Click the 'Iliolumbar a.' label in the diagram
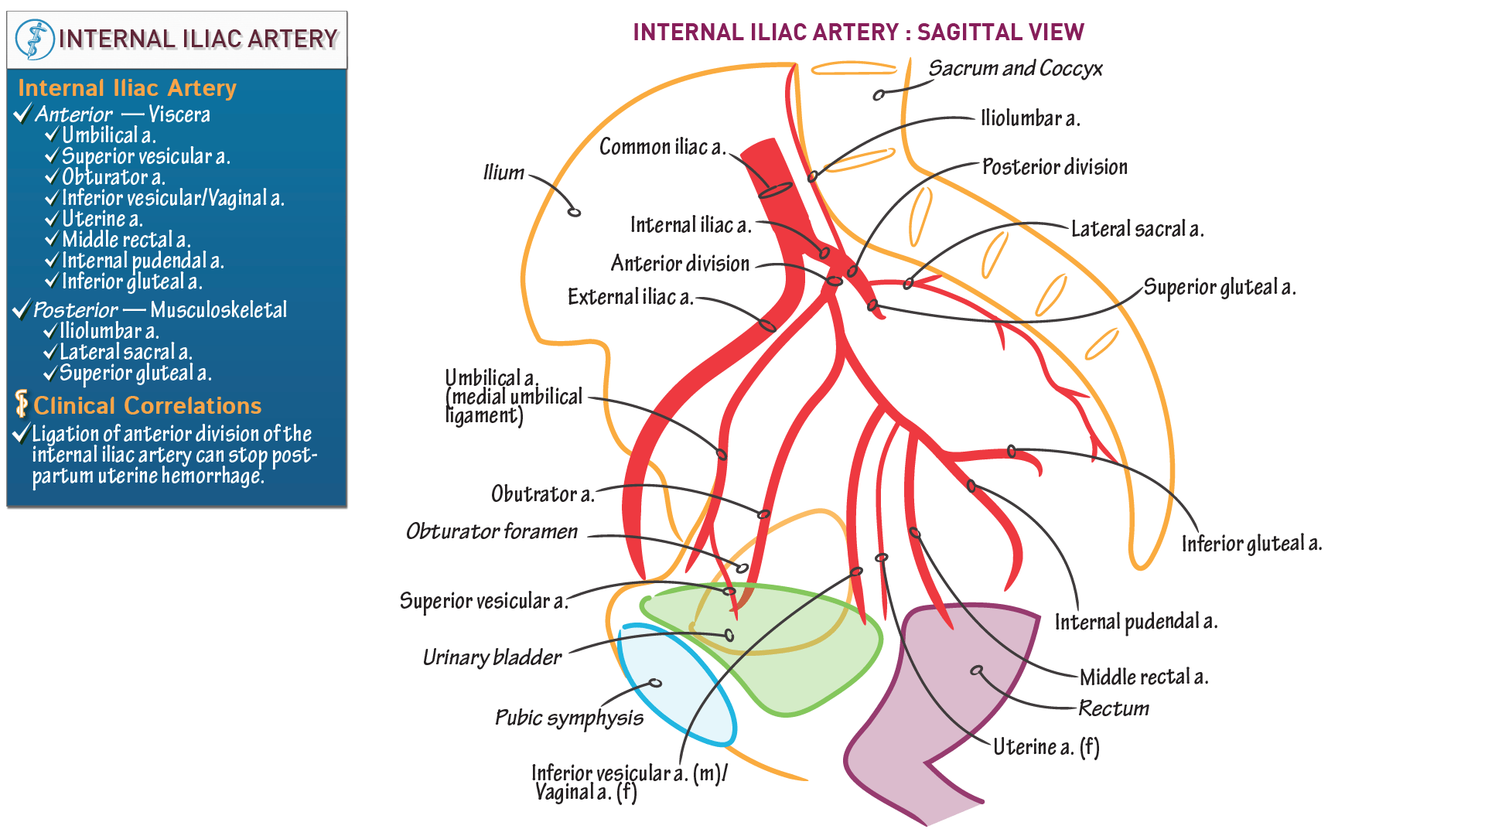tap(1029, 118)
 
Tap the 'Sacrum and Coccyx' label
tap(1015, 69)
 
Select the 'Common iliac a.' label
tap(662, 147)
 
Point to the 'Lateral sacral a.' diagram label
tap(1137, 229)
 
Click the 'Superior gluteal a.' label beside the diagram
tap(1219, 287)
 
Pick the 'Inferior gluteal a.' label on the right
tap(1251, 544)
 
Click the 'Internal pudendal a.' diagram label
tap(1135, 622)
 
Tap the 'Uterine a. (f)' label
tap(1046, 747)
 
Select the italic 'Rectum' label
tap(1113, 708)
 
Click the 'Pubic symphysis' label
tap(568, 718)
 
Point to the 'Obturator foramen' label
tap(492, 531)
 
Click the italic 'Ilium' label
tap(504, 172)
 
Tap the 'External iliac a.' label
tap(630, 297)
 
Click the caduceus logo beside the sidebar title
tap(35, 39)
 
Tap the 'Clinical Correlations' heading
tap(147, 406)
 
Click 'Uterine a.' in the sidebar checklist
tap(102, 219)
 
